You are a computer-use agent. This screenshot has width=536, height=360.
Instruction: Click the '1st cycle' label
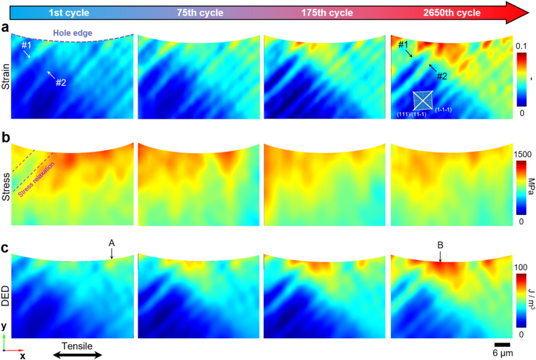click(x=68, y=13)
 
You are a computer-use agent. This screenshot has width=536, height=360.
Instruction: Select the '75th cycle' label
click(x=200, y=13)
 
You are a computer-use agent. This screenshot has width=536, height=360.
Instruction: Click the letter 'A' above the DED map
click(x=112, y=243)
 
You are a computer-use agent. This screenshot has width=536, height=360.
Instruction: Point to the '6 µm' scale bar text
click(x=502, y=353)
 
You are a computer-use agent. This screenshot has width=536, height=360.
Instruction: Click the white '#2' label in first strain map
click(x=61, y=82)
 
